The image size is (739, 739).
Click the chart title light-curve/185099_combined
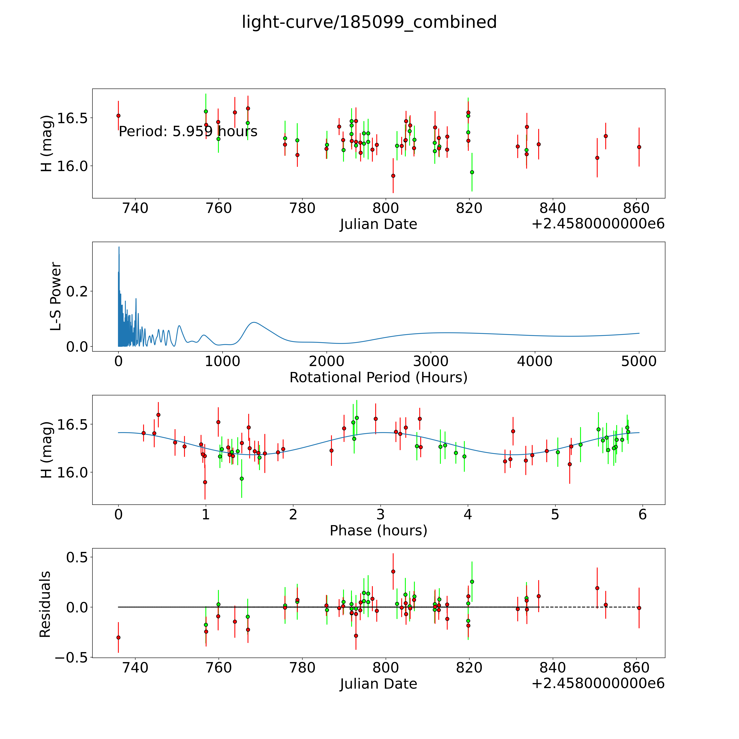[x=369, y=22]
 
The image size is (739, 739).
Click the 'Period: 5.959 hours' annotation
[x=188, y=132]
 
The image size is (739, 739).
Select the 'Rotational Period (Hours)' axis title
[x=378, y=378]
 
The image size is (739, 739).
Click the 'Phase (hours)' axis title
[x=378, y=531]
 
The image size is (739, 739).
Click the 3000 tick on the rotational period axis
[x=431, y=361]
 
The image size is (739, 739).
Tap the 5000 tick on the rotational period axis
[x=639, y=361]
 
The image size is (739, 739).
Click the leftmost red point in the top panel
[x=119, y=116]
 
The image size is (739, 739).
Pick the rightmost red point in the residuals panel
[x=639, y=608]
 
